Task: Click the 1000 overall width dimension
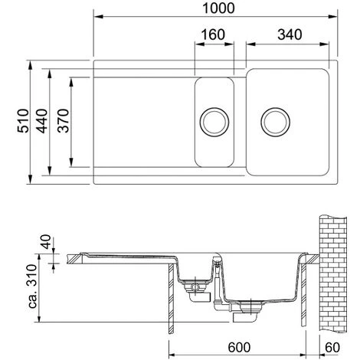point(218,8)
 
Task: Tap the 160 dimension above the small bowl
point(213,34)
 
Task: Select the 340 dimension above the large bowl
point(290,34)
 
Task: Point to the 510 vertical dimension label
point(23,121)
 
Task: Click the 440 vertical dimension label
point(41,121)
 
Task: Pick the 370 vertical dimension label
point(63,121)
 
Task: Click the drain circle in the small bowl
point(214,122)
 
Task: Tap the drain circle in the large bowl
point(275,122)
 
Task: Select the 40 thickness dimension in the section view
point(47,242)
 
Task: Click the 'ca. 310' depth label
point(33,286)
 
